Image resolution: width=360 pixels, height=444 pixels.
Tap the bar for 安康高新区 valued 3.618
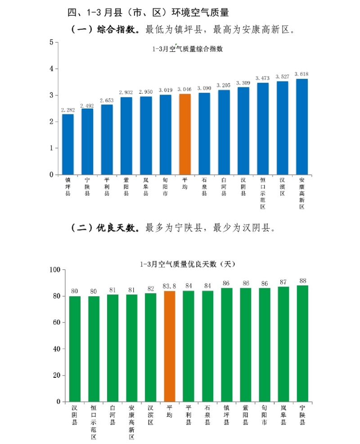(302, 127)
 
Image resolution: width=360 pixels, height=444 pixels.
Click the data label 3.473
(263, 78)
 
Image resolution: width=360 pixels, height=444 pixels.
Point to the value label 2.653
(107, 100)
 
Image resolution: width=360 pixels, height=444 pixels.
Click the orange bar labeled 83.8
(169, 346)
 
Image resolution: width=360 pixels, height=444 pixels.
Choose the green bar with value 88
(303, 343)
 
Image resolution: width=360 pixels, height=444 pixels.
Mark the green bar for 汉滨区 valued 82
(151, 347)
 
